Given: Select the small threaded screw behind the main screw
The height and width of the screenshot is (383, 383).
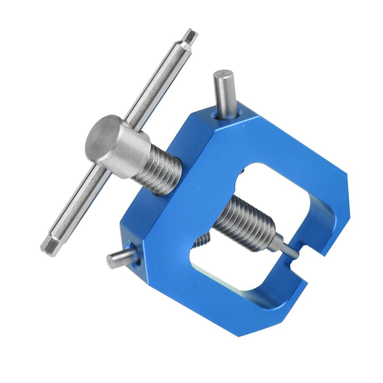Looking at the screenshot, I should (x=202, y=242).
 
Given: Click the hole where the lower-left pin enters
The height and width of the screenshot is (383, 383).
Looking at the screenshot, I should (x=135, y=258).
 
